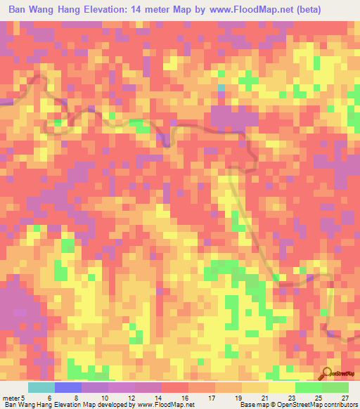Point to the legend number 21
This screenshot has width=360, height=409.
244,397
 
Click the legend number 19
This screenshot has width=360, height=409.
217,397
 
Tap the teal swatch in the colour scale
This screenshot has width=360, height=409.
41,387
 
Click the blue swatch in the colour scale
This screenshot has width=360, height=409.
68,387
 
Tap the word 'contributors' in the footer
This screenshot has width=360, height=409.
338,405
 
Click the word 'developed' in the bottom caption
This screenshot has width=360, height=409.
114,405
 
